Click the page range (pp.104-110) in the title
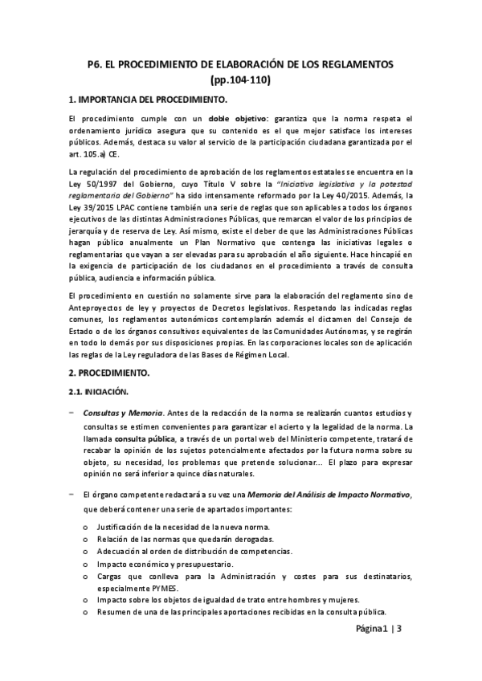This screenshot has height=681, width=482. coord(240,80)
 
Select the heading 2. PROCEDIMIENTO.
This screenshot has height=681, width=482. coord(116,374)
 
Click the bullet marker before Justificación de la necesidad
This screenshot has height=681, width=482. coord(87,527)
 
